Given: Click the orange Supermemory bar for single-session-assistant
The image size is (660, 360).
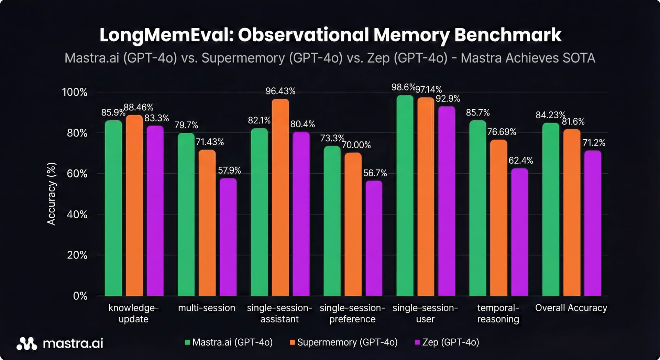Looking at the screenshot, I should coord(280,198).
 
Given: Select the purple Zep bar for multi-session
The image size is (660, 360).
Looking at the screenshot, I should coord(228,237).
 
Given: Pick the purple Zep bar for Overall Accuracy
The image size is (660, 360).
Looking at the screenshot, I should coord(593,223).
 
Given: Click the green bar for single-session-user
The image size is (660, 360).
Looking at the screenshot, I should coord(405,196).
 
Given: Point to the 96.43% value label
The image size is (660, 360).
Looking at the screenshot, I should coord(280,91).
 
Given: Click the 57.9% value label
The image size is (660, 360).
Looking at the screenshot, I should coord(229,170).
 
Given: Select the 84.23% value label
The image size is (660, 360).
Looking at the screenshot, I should coord(550,115).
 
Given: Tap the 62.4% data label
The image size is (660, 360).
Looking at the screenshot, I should coord(520,161).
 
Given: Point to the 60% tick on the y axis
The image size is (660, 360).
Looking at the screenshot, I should coord(77,174).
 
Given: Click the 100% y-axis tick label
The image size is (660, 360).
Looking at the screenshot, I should coord(75,92).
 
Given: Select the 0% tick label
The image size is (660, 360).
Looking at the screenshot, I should coord(80,296).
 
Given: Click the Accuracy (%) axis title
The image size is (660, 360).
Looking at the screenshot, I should coord(51,194).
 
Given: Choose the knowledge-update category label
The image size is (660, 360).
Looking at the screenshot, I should coord(133,313).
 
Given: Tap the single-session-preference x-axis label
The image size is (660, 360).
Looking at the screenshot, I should coord(352,313).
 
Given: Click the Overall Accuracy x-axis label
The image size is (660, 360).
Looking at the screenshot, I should coord(571,308).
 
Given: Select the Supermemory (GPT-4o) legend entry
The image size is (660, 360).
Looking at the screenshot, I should coord(344,342).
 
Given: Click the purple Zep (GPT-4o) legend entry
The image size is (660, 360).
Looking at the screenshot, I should coord(447,342).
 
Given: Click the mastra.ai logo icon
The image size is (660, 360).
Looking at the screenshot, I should coord(27,343).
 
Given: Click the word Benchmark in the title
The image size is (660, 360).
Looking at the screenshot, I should coord(508,35).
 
